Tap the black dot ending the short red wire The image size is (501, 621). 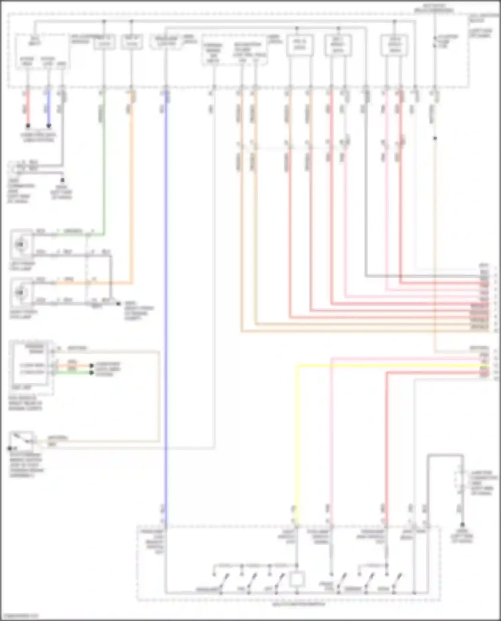pyautogui.click(x=28, y=126)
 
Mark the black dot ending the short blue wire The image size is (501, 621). pyautogui.click(x=49, y=126)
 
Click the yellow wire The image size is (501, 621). pyautogui.click(x=297, y=434)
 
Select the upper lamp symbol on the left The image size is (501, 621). pyautogui.click(x=21, y=245)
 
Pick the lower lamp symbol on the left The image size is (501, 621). pyautogui.click(x=21, y=293)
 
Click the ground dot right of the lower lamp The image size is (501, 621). pyautogui.click(x=118, y=304)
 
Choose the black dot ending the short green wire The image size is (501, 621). pyautogui.click(x=92, y=372)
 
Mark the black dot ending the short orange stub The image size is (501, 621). pyautogui.click(x=92, y=366)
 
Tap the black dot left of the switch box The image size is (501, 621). pyautogui.click(x=10, y=448)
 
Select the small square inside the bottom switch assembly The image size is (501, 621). pyautogui.click(x=297, y=580)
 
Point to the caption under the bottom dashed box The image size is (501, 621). pyautogui.click(x=298, y=604)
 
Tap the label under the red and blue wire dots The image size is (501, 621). pyautogui.click(x=38, y=137)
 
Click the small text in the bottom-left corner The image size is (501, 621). pyautogui.click(x=19, y=616)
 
